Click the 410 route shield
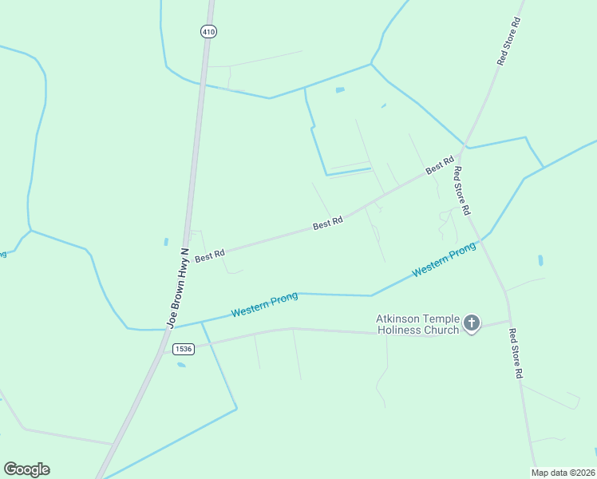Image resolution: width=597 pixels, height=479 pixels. click(208, 32)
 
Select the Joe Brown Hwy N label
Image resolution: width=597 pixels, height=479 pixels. click(178, 288)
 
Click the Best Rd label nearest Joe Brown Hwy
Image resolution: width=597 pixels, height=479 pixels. click(210, 255)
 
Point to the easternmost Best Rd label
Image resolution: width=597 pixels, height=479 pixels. click(439, 165)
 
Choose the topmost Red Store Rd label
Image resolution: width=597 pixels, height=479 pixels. click(508, 42)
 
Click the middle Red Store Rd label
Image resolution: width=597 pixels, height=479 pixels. click(461, 189)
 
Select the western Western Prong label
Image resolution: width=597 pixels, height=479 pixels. click(264, 304)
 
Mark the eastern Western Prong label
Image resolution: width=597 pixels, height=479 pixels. click(444, 259)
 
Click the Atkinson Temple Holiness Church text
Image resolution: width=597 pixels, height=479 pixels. click(417, 324)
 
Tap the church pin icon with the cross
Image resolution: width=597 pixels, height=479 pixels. click(472, 323)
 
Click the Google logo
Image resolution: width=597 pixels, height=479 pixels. click(27, 469)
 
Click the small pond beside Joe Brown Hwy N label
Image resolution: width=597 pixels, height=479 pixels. click(166, 241)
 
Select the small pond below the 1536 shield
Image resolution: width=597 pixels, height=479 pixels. click(181, 365)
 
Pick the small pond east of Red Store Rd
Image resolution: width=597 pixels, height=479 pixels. click(540, 260)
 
